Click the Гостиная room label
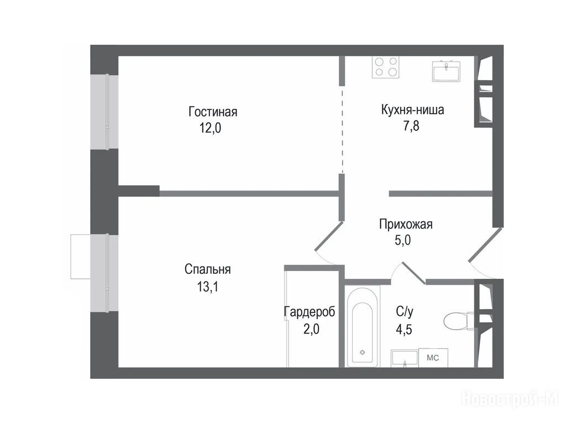click(x=213, y=112)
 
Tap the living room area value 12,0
click(x=211, y=128)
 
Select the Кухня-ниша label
click(x=412, y=110)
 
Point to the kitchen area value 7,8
click(x=411, y=126)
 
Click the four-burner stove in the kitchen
click(x=385, y=67)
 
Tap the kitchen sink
click(x=447, y=71)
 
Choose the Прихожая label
click(x=406, y=224)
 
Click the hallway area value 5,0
click(x=402, y=240)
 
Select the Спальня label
click(x=208, y=269)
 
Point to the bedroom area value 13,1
click(x=208, y=287)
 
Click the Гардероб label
click(x=310, y=312)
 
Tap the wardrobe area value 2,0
click(x=311, y=329)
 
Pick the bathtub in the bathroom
click(x=362, y=326)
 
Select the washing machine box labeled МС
click(x=433, y=358)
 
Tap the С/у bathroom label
click(x=404, y=312)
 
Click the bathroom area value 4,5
click(x=404, y=330)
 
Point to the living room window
click(x=104, y=112)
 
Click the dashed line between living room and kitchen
click(x=342, y=130)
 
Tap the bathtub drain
click(x=363, y=352)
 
